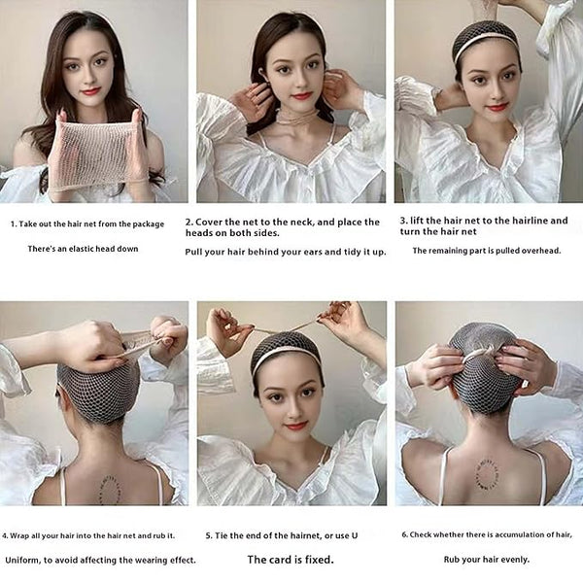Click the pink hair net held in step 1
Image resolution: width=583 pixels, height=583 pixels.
pos(97,154)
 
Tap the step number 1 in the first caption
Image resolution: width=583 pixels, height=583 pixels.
pos(14,223)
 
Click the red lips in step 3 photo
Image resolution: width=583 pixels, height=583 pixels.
pos(497,108)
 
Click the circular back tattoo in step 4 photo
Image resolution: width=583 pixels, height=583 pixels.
pos(111,490)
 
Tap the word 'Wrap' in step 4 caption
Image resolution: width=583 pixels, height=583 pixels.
pos(20,535)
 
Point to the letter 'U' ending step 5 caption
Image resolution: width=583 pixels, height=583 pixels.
pos(355,535)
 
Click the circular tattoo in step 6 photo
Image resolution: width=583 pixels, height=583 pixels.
pos(488,473)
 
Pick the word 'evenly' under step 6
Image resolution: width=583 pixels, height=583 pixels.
pos(514,560)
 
